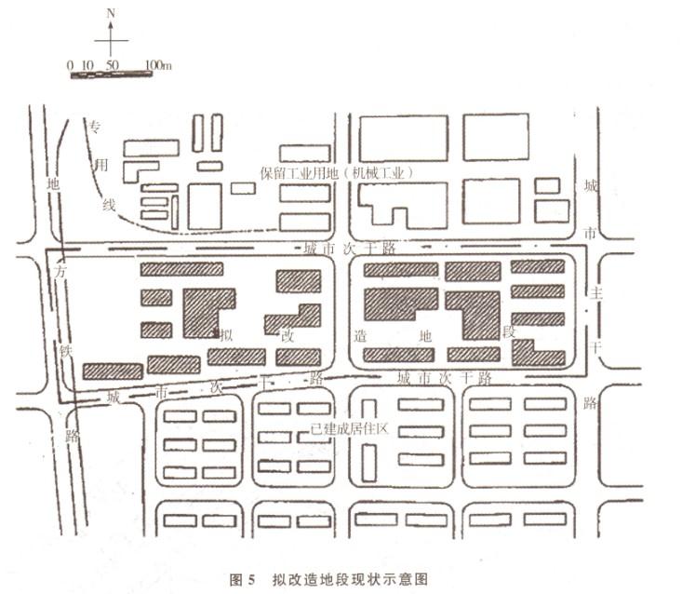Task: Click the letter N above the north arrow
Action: [x=111, y=13]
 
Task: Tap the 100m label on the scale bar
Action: [x=158, y=65]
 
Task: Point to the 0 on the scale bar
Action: [x=71, y=65]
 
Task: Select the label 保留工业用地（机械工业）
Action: [x=336, y=173]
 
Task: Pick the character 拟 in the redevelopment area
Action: [x=226, y=333]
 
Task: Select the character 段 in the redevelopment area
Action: [x=508, y=333]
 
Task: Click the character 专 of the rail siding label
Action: [x=95, y=126]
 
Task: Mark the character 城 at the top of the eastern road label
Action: [x=589, y=186]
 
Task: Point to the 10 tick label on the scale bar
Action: [x=87, y=65]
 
